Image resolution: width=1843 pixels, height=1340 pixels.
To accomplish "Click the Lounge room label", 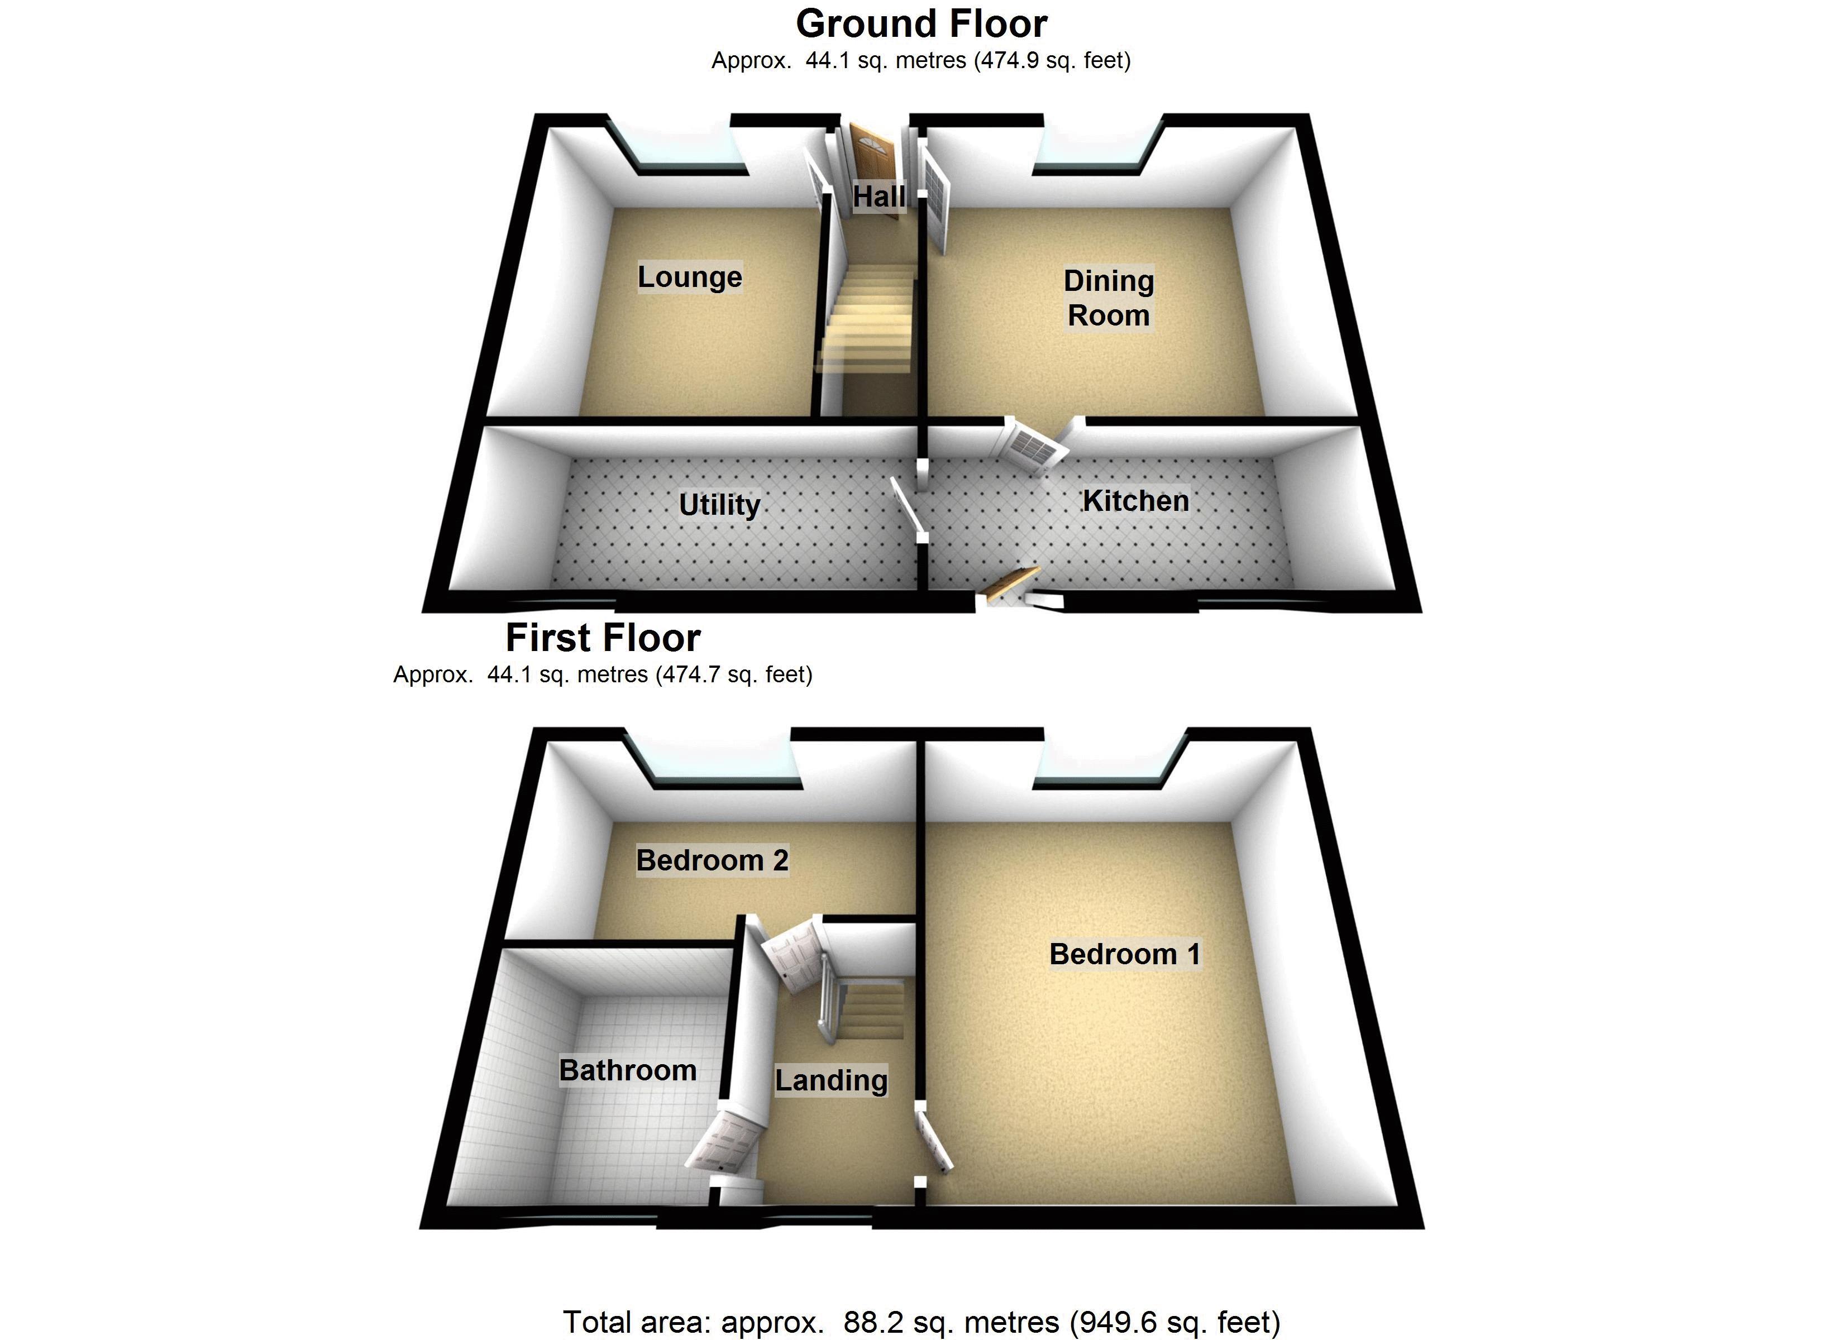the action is pos(689,277).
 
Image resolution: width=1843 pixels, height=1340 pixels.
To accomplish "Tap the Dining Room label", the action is pos(1109,298).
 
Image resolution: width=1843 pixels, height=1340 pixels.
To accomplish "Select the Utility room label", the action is pos(719,505).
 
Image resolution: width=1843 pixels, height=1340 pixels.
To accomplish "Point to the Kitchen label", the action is pos(1135,501).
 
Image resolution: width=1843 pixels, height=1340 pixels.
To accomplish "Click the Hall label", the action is pos(878,197).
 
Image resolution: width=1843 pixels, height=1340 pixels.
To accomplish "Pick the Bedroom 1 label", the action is pos(1125,954).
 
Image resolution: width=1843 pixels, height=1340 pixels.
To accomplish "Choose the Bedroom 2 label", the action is pos(712,860).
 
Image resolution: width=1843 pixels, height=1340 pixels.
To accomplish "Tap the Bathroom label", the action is pos(627,1070).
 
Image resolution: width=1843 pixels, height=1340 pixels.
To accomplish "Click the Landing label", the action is pos(830,1080).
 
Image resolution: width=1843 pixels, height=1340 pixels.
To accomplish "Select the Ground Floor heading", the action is pos(921,23).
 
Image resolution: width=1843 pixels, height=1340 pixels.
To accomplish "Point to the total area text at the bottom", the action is pos(921,1322).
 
